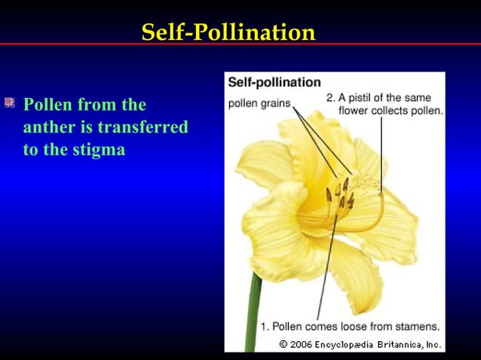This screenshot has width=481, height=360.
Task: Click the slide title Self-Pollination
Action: coord(228,32)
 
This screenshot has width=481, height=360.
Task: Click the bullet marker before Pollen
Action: coord(9,102)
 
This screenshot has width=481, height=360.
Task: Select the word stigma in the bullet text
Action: coord(100,150)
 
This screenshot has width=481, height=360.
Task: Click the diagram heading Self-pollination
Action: coord(274,82)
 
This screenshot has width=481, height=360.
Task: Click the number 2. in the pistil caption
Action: coord(331,98)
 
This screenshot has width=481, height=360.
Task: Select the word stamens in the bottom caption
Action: coord(418,327)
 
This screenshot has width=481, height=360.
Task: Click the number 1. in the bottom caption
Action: coord(265,327)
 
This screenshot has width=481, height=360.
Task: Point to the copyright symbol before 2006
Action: coord(283,344)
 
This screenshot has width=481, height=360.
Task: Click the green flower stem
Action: coord(254,316)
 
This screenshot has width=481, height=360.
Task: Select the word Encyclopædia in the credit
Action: coord(348,344)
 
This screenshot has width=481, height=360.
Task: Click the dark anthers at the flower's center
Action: coord(340,198)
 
